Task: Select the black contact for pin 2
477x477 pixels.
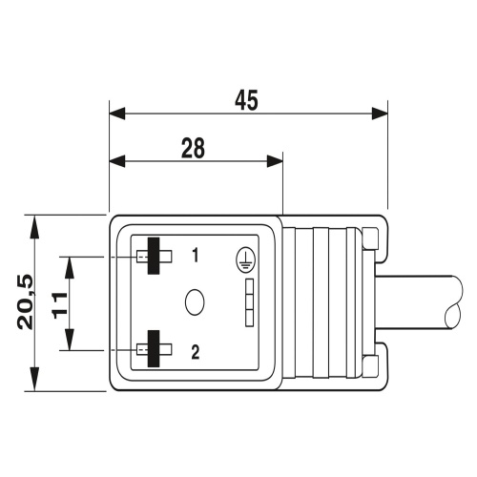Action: [x=153, y=351]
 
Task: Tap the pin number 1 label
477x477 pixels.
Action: [x=195, y=256]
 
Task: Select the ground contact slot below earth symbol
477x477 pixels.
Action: [x=249, y=303]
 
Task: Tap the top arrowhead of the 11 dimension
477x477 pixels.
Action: [x=72, y=262]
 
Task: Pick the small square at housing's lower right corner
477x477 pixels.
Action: [x=370, y=364]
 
